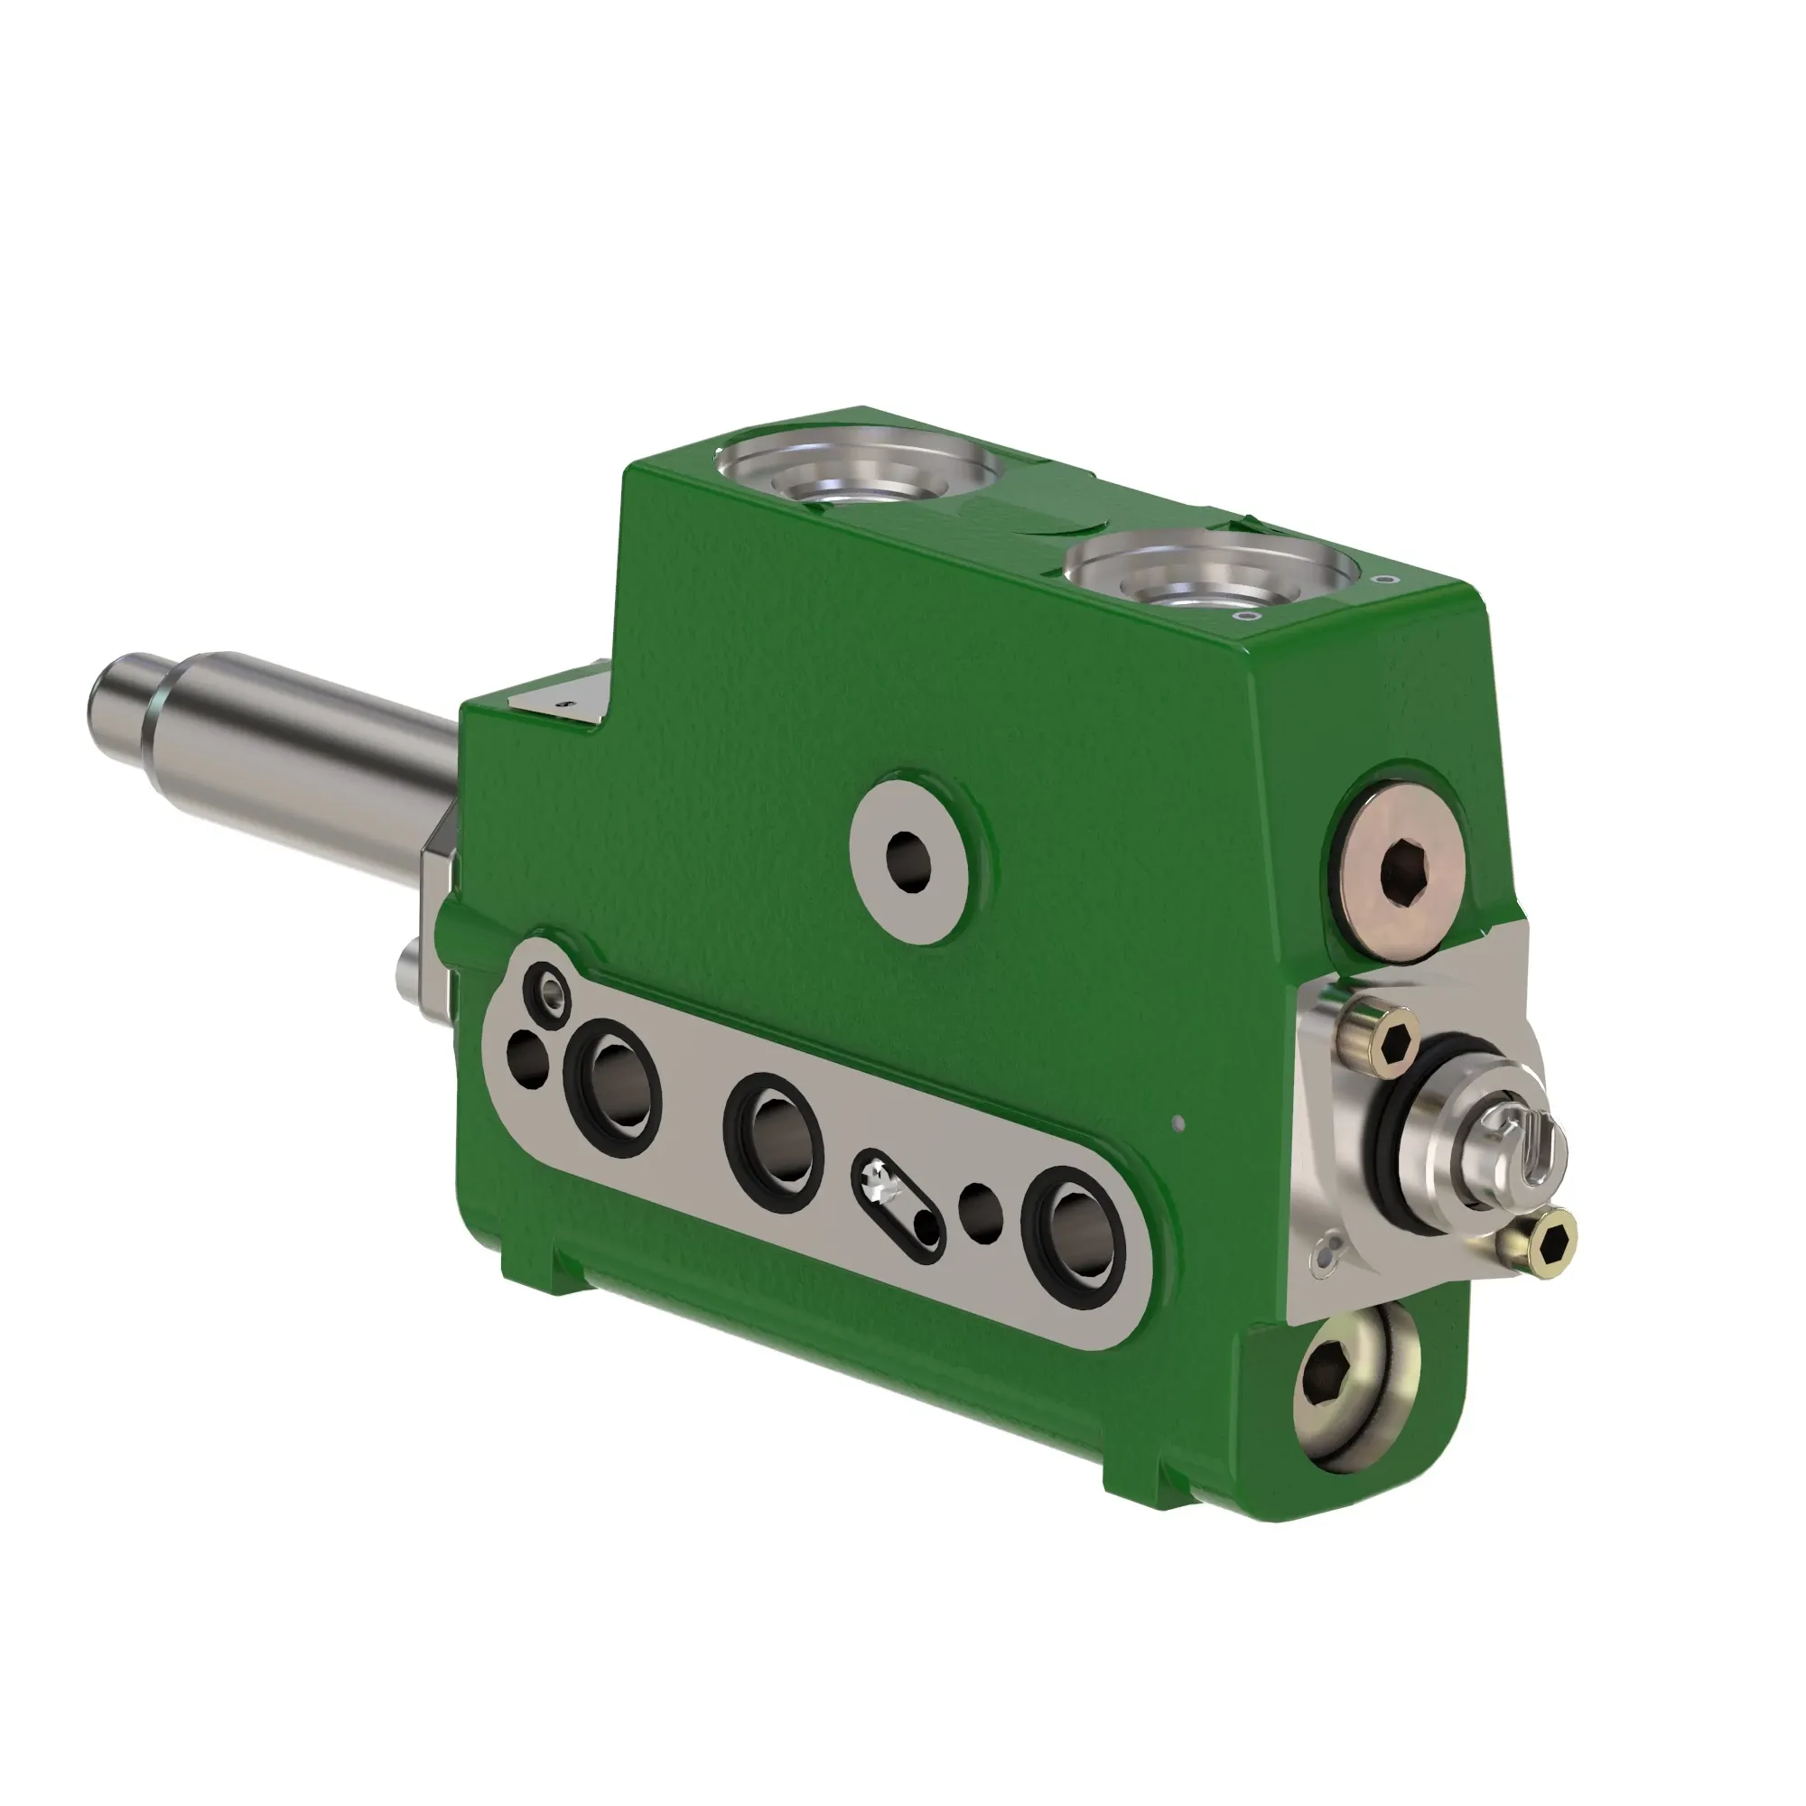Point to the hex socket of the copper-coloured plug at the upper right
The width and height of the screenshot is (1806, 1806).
point(1408,870)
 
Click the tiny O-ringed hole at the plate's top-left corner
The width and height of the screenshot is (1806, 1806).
point(548,988)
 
